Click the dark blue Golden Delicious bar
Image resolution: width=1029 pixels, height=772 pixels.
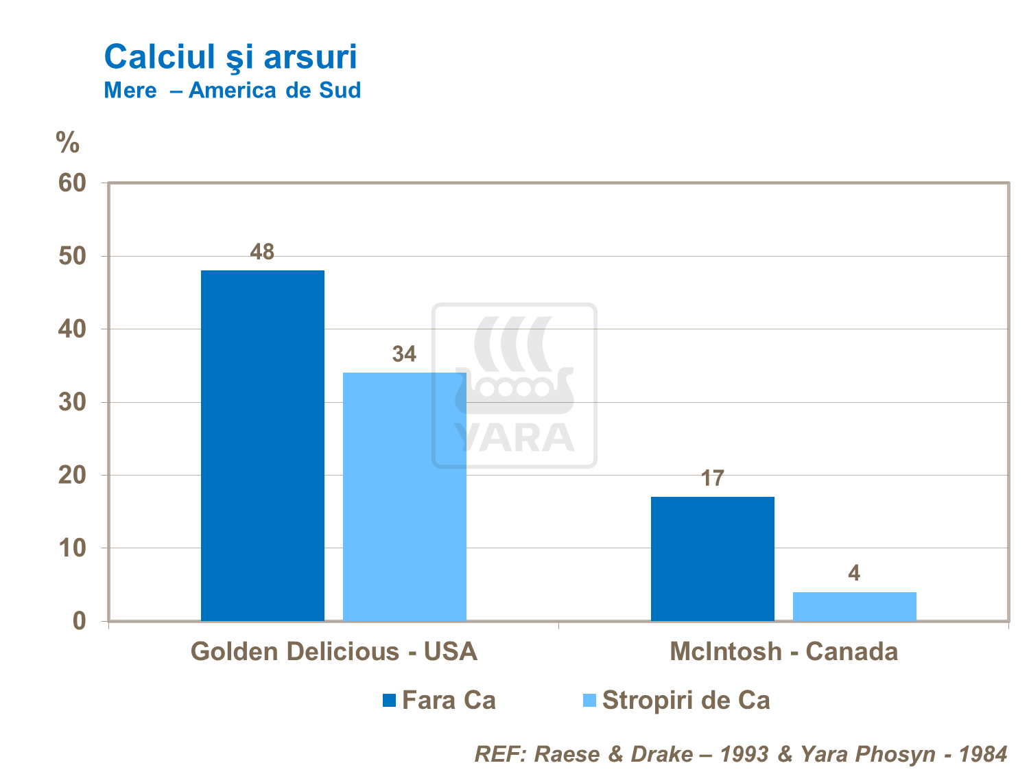263,446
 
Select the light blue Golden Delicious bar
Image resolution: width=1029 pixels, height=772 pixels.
405,497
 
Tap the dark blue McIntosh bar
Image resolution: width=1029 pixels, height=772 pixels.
713,559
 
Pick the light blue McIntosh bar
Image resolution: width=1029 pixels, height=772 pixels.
854,607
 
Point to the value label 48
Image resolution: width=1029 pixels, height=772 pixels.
262,253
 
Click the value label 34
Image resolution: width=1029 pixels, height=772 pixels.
404,354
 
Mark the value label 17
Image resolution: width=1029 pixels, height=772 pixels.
713,478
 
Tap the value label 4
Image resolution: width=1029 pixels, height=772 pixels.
854,573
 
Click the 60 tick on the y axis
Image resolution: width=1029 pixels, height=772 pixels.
72,183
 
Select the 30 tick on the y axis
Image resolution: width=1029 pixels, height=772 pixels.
72,402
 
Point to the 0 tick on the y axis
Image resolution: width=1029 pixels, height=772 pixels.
80,621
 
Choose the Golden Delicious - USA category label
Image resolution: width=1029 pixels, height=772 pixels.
333,651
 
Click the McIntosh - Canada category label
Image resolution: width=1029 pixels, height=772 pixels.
783,651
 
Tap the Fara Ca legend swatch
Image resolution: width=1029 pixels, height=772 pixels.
390,700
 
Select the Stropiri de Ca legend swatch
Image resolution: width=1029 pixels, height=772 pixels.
589,700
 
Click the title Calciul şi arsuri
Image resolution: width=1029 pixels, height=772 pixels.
230,56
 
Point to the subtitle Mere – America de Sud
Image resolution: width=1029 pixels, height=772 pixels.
232,91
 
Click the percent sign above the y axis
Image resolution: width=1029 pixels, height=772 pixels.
68,143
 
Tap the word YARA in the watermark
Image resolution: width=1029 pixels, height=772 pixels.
514,438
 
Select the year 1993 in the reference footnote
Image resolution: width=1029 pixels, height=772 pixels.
744,754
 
